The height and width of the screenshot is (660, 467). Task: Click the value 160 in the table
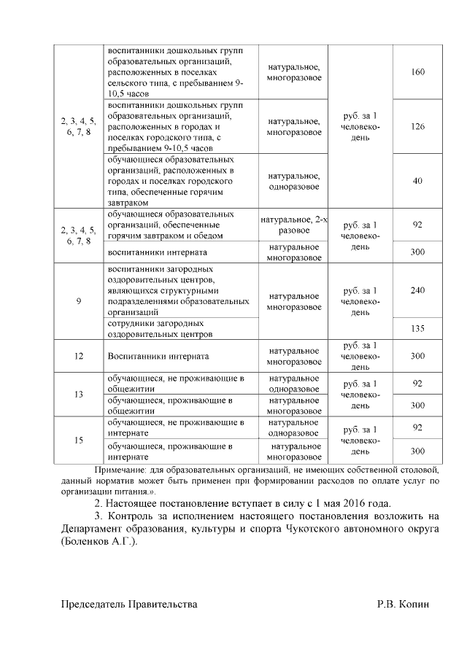pos(418,72)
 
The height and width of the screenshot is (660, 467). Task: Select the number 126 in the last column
pos(418,127)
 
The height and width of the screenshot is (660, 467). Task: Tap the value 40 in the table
pos(418,181)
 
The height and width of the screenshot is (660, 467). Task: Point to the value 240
pos(418,290)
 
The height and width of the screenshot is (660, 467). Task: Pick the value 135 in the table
pos(418,328)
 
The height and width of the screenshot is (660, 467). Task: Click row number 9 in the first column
pos(78,301)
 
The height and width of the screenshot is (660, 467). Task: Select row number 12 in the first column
pos(78,356)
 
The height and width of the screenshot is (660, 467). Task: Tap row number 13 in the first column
pos(78,394)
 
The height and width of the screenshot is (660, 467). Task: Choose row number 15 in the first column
pos(78,440)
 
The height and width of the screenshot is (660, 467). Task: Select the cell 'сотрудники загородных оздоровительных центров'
pos(160,328)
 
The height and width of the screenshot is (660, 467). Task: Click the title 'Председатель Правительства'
pos(128,605)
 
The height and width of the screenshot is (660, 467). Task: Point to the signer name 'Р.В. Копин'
pos(404,605)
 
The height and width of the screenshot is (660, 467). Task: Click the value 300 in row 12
pos(418,356)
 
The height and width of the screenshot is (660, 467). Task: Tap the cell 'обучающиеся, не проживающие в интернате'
pos(175,427)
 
